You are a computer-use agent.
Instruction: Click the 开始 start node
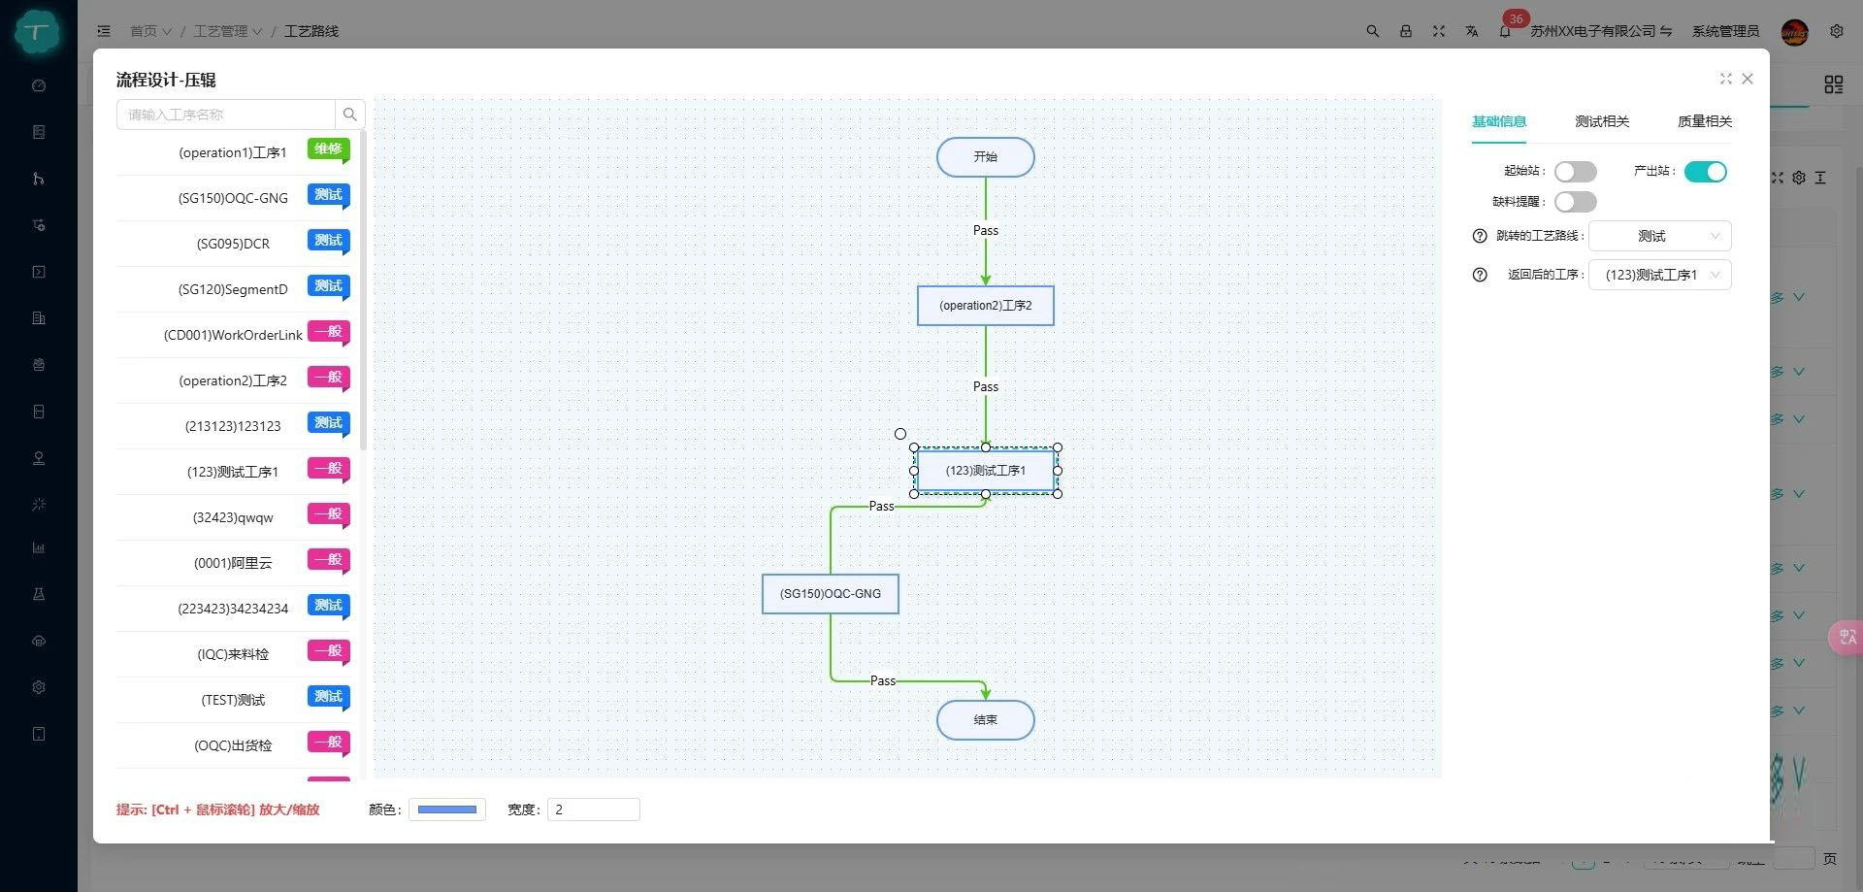coord(985,157)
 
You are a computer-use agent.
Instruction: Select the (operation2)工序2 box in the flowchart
coord(985,306)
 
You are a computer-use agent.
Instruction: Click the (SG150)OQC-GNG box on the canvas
coord(830,594)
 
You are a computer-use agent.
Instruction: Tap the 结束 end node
coord(985,720)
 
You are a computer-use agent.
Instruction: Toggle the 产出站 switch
coord(1705,172)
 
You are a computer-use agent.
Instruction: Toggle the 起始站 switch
coord(1575,172)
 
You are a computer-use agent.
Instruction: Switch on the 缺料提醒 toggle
coord(1575,202)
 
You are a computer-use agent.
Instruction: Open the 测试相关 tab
coord(1602,121)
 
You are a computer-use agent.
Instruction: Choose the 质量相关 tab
coord(1705,121)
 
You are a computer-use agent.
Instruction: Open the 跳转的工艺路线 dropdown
coord(1659,236)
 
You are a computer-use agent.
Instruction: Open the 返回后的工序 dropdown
coord(1659,275)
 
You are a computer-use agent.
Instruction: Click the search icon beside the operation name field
coord(350,115)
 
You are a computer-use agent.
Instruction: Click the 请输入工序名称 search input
coord(226,115)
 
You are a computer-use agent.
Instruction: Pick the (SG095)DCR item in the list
coord(233,244)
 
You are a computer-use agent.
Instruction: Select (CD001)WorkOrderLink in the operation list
coord(233,335)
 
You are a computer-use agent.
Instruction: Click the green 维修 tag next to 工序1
coord(328,149)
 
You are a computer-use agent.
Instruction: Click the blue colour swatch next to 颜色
coord(446,809)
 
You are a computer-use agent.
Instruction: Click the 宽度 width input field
coord(593,809)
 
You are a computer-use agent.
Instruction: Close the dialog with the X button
coord(1748,79)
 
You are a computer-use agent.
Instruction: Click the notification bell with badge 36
coord(1505,31)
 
